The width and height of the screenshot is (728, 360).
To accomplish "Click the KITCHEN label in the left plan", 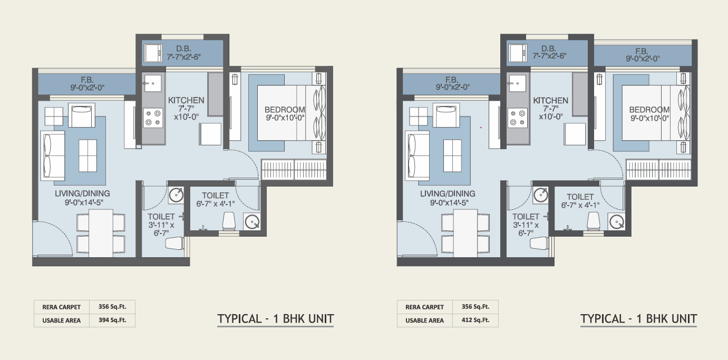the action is click(186, 100).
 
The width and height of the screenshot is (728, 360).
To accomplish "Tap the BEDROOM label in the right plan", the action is click(649, 110).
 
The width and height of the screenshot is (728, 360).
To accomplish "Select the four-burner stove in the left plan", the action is click(153, 118).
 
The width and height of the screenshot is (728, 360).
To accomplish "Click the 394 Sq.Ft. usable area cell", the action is click(112, 320).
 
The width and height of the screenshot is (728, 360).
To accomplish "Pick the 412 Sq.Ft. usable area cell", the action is click(475, 320).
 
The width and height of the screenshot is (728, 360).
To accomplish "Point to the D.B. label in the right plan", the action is click(549, 48).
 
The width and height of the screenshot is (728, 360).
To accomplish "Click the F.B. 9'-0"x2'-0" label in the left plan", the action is click(87, 83).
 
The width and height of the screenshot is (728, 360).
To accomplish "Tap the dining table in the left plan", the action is click(101, 233).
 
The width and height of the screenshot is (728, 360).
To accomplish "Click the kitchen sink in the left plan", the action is click(153, 83).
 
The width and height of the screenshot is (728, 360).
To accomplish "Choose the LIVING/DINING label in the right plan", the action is click(448, 193).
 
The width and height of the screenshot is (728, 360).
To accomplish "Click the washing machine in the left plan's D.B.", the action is click(153, 53).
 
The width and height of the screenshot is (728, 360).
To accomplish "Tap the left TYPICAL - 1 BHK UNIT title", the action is click(276, 319).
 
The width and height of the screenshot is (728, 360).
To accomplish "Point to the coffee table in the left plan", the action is click(88, 155).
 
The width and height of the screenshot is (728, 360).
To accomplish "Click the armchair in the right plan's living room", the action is click(448, 115).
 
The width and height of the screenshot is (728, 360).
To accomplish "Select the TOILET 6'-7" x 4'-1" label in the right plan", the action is click(580, 201).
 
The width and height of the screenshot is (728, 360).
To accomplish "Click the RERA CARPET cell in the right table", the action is click(424, 307).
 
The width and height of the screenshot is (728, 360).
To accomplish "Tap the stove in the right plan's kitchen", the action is click(518, 118).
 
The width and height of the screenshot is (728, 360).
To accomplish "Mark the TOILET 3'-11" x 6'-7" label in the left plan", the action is click(161, 225).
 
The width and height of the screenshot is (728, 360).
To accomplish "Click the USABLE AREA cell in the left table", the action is click(62, 320).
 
